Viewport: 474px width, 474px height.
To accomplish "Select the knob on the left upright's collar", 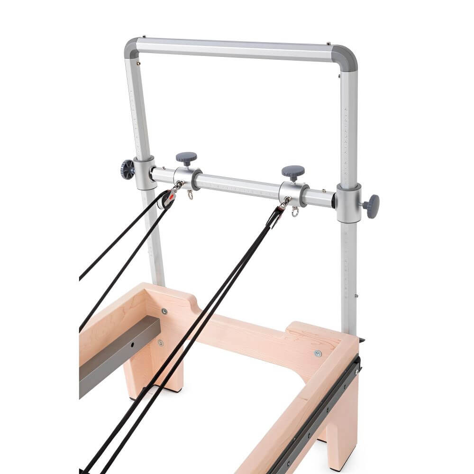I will click(x=128, y=169).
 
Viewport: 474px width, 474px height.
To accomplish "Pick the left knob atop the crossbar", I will click(x=186, y=158).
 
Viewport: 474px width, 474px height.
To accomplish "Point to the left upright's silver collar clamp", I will click(x=144, y=173).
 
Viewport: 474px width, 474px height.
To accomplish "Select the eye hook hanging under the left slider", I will click(x=190, y=195).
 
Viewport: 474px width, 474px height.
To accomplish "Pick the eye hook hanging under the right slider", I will click(x=295, y=212).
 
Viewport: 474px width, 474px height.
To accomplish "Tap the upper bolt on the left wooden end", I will click(x=164, y=311).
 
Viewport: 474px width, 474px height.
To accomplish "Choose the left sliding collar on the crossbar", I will click(x=187, y=178).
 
